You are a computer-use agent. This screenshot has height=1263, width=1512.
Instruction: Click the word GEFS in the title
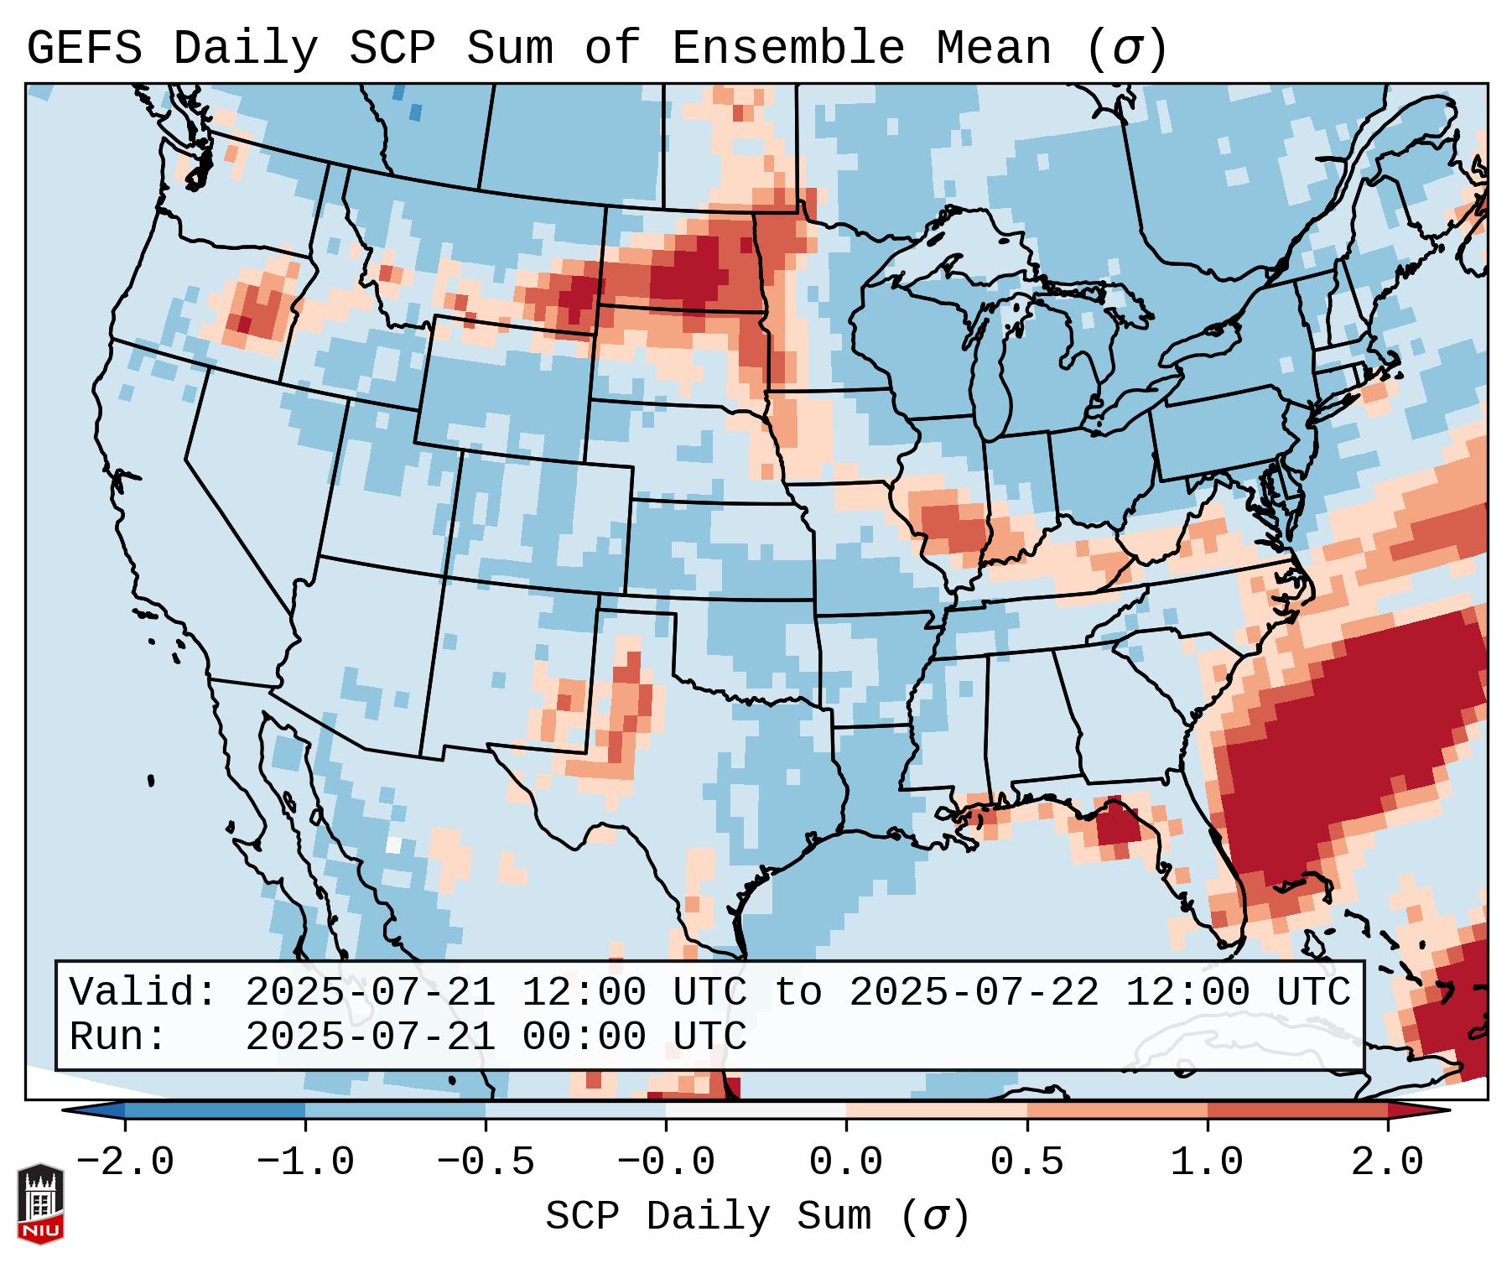(x=85, y=49)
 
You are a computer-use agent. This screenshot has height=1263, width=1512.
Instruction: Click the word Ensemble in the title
(x=787, y=49)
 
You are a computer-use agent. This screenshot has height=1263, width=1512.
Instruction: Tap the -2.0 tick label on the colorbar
(x=125, y=1162)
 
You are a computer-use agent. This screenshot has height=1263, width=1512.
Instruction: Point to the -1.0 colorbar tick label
(x=305, y=1162)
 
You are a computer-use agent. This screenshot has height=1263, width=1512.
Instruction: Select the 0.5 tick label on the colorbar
(x=1026, y=1162)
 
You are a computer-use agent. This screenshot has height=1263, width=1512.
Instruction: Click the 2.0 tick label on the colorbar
(x=1388, y=1162)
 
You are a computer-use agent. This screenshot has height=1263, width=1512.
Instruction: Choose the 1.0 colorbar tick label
(x=1207, y=1162)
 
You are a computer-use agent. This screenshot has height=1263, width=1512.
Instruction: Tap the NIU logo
(x=40, y=1203)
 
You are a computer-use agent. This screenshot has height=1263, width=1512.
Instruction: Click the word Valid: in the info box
(x=143, y=992)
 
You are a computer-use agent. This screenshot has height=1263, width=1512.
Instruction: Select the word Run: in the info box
(x=118, y=1037)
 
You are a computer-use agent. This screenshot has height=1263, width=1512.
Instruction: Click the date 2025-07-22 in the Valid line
(x=974, y=992)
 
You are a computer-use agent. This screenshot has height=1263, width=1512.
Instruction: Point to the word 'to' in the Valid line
(x=798, y=992)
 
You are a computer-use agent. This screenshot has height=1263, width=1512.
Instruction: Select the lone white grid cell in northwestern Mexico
(x=393, y=845)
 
